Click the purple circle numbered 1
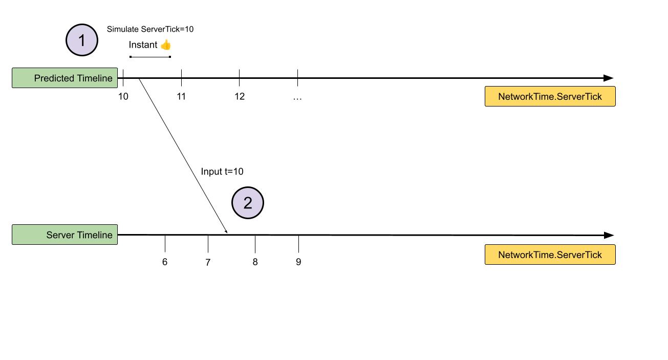(82, 40)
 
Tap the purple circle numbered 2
(248, 203)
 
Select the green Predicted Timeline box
(64, 78)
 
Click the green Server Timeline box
(64, 235)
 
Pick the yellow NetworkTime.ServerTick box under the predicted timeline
(550, 96)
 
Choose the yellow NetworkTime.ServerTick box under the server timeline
(550, 255)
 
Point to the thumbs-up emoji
(165, 45)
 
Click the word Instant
(143, 45)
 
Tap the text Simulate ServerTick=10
(150, 29)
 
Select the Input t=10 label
(222, 172)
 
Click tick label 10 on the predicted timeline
(123, 96)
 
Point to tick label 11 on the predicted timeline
(181, 96)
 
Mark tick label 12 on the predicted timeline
(240, 96)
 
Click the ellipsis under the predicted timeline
(297, 99)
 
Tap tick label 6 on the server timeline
(165, 262)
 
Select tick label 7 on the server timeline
(208, 262)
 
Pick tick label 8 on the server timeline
(255, 262)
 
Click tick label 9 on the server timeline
(298, 262)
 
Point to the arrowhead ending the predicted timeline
(608, 78)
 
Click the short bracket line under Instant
(150, 57)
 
